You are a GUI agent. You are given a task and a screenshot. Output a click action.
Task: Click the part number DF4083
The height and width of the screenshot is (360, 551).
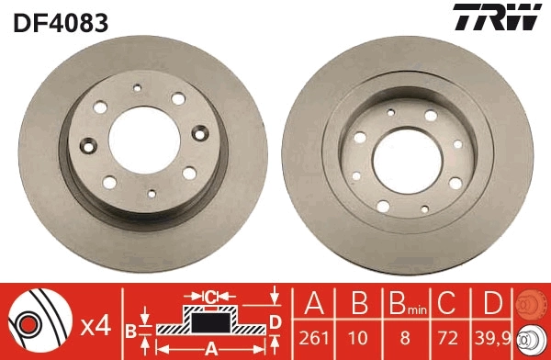coord(60,21)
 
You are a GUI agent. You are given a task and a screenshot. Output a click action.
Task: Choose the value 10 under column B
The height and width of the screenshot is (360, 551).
coord(359,337)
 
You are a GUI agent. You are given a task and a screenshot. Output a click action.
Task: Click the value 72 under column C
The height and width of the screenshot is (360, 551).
coord(447,337)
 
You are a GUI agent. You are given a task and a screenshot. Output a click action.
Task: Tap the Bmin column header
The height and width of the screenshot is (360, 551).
coord(403,305)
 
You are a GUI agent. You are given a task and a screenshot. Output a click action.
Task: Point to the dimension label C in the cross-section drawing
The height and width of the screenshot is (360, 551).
coord(209,296)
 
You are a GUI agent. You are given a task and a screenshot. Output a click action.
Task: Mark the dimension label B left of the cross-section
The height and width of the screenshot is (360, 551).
coord(130,328)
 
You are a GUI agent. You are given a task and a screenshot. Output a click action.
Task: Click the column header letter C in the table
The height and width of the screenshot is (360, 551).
coord(447,304)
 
